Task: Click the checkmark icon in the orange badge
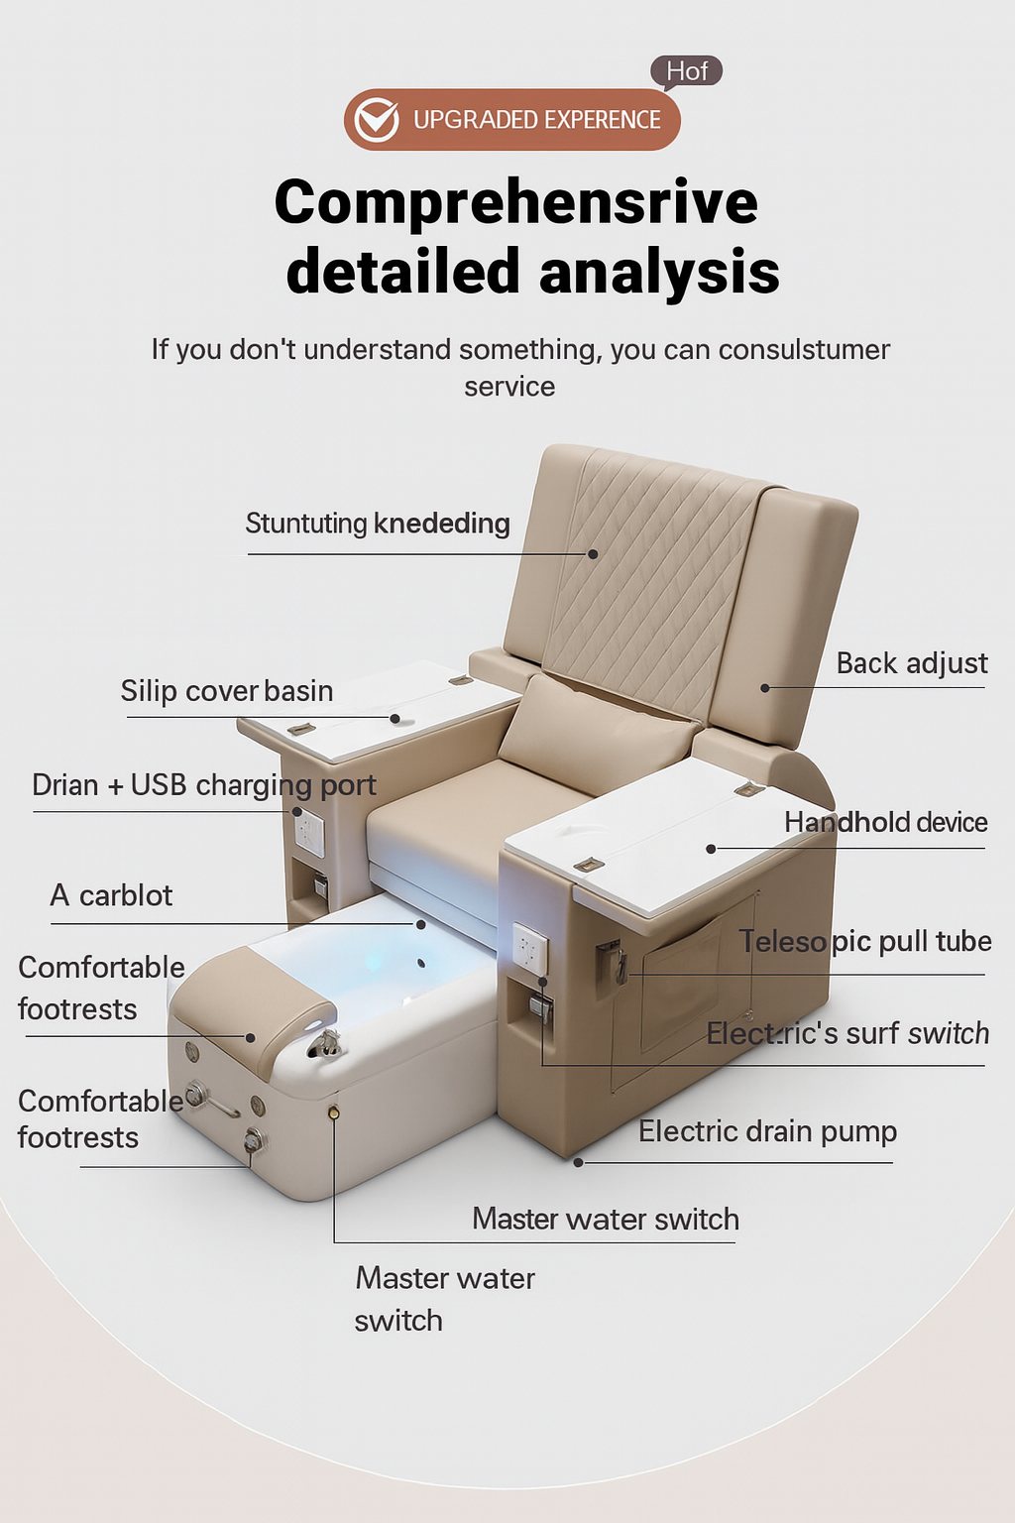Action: pyautogui.click(x=376, y=120)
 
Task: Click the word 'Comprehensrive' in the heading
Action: pyautogui.click(x=516, y=202)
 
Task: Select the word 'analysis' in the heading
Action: pyautogui.click(x=659, y=272)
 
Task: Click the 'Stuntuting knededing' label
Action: pyautogui.click(x=378, y=524)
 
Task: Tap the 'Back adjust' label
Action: pyautogui.click(x=912, y=663)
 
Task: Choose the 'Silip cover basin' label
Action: pyautogui.click(x=227, y=691)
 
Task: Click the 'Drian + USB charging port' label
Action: pyautogui.click(x=204, y=785)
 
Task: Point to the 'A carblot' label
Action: pyautogui.click(x=111, y=895)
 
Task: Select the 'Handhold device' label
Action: pyautogui.click(x=886, y=822)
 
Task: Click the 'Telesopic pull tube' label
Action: pyautogui.click(x=865, y=942)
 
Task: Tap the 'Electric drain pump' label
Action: pyautogui.click(x=767, y=1132)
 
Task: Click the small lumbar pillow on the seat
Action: pyautogui.click(x=599, y=735)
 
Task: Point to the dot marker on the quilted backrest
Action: pyautogui.click(x=593, y=554)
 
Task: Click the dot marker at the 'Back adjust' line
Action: pyautogui.click(x=765, y=688)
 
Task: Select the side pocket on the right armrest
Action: pyautogui.click(x=682, y=976)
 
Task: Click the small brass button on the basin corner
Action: pyautogui.click(x=333, y=1112)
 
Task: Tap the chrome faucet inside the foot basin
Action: pyautogui.click(x=326, y=1042)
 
